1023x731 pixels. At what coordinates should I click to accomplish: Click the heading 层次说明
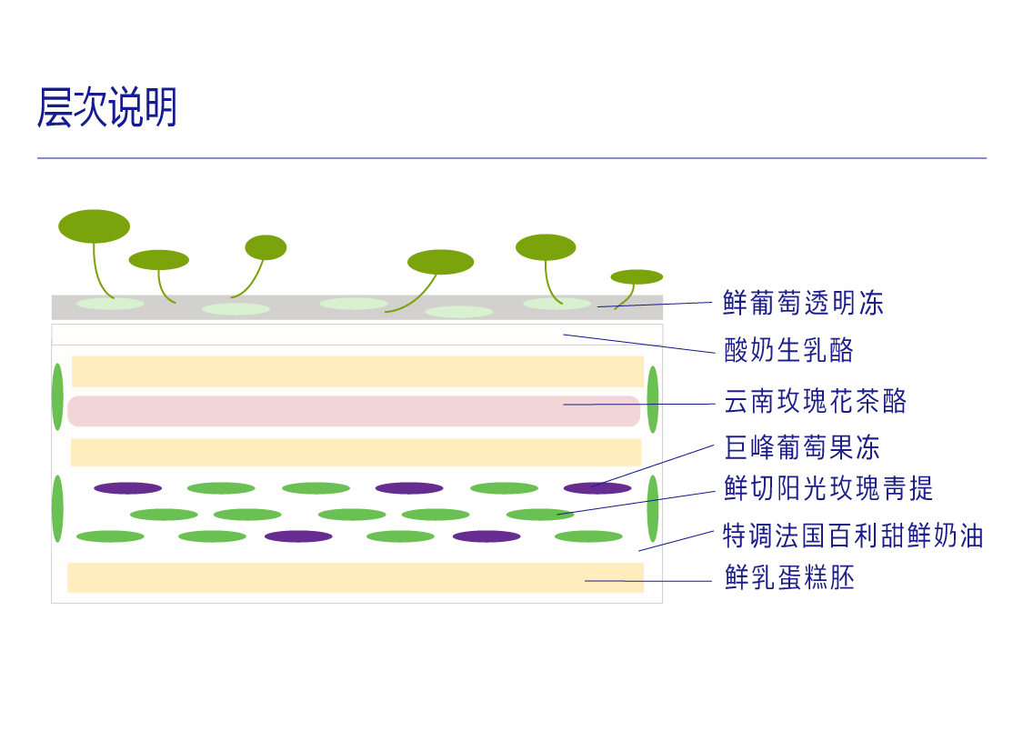click(x=106, y=108)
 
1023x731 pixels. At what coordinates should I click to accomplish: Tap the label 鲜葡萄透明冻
click(x=803, y=303)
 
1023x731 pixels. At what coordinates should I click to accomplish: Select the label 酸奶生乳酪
click(x=788, y=350)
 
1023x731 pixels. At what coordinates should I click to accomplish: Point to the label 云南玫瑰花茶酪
click(x=816, y=401)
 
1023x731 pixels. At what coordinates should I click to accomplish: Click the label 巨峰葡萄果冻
click(x=802, y=447)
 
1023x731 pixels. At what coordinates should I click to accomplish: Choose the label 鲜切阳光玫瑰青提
click(x=828, y=488)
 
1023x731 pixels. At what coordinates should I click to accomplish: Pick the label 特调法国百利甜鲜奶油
click(x=853, y=535)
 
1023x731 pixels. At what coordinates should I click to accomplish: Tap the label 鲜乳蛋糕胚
click(x=789, y=577)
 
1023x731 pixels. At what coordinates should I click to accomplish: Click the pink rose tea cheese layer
click(x=354, y=411)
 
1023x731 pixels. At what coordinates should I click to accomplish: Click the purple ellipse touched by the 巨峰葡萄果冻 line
click(x=597, y=488)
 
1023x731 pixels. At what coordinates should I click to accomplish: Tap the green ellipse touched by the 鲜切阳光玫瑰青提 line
click(x=539, y=515)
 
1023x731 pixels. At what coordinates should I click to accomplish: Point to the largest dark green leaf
click(x=94, y=226)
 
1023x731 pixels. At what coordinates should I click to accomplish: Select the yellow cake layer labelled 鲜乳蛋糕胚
click(x=355, y=577)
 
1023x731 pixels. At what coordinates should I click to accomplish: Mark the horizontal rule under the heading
click(x=511, y=158)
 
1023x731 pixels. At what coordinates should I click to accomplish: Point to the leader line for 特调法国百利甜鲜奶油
click(x=676, y=540)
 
